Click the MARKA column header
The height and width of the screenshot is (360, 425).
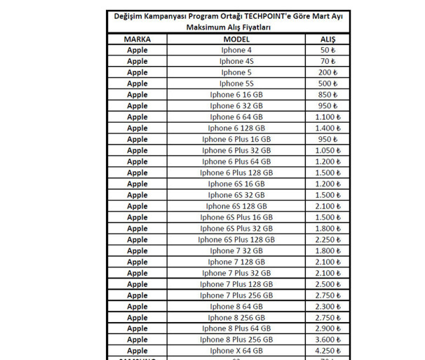click(137, 39)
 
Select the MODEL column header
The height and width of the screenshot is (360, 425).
click(236, 39)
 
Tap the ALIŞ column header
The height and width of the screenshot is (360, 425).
click(328, 39)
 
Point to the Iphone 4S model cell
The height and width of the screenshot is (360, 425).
click(236, 62)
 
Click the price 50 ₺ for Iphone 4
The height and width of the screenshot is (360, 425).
click(328, 51)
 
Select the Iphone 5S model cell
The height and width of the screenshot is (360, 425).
click(236, 84)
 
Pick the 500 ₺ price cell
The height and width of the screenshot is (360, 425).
click(328, 84)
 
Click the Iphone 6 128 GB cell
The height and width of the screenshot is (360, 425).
click(236, 128)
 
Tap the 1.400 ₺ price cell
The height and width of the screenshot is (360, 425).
click(328, 128)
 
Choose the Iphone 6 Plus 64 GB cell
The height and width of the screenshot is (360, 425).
click(236, 161)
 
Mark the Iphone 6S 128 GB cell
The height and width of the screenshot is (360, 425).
click(236, 206)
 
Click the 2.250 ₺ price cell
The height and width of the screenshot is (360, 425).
click(328, 239)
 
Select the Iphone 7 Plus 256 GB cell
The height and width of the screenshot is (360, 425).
click(236, 295)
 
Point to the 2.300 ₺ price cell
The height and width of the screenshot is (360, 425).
click(328, 307)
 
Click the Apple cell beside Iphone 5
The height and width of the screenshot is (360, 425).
click(137, 72)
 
